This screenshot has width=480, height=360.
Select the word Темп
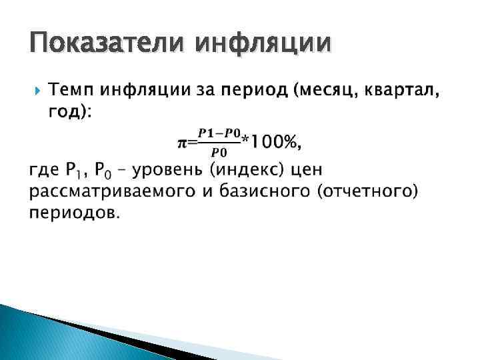72,91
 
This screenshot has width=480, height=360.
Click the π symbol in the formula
181,142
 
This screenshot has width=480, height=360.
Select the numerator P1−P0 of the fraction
219,133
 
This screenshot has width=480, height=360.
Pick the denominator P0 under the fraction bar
219,151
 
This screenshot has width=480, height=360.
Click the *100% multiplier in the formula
273,141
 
